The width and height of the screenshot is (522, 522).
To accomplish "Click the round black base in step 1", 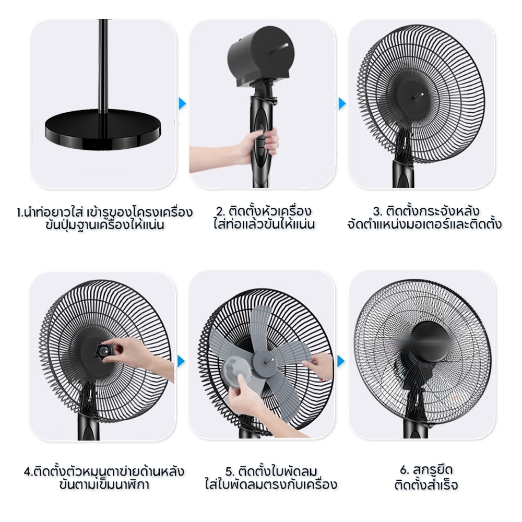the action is (102, 130).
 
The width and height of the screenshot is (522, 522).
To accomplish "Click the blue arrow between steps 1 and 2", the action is (182, 103).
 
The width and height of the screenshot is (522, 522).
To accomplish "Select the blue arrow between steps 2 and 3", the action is (342, 103).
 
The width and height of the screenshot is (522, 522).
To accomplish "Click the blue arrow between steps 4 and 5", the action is (181, 361).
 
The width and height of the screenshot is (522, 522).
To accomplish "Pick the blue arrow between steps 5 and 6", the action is (341, 361).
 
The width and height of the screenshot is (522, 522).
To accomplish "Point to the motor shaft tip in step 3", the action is (421, 94).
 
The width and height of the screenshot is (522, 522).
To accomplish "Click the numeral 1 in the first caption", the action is (19, 212).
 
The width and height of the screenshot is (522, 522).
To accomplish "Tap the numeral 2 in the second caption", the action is (219, 212).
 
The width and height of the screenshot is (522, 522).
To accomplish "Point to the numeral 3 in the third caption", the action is (376, 212).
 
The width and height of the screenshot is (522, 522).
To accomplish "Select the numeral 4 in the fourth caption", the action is (28, 472).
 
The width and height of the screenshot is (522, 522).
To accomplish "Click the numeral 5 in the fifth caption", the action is (229, 472).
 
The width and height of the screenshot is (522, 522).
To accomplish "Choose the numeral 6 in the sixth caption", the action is (404, 471).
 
